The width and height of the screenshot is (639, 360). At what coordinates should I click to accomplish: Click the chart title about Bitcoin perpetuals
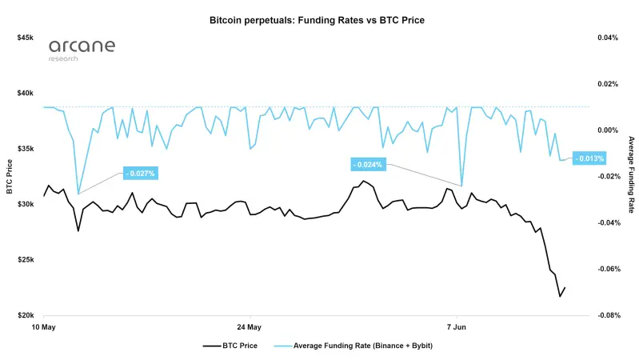317,20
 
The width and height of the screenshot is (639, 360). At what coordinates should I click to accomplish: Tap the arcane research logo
82,50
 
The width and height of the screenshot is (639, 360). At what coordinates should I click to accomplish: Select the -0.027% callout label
141,174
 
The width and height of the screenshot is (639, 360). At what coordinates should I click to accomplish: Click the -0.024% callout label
368,165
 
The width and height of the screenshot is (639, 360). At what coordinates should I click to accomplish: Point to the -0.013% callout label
589,158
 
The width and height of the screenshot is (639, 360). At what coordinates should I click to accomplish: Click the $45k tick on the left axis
26,38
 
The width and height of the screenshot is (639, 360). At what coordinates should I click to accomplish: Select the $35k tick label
26,149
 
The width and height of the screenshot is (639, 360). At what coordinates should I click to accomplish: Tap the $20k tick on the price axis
26,315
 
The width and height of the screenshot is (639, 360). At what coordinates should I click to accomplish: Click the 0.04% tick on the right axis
608,38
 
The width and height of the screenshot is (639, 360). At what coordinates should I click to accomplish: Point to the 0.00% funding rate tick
608,130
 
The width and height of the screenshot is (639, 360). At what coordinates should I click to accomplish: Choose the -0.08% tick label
609,315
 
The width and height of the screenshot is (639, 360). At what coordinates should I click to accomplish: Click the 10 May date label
44,327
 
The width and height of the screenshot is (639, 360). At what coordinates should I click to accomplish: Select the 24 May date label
249,327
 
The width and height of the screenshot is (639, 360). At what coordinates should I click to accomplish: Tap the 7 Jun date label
457,327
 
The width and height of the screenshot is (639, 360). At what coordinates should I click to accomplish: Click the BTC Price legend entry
230,346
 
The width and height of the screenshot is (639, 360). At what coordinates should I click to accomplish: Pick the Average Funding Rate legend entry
353,346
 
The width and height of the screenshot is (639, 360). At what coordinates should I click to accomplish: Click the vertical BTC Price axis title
10,177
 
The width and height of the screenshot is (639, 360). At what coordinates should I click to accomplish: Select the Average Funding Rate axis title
631,175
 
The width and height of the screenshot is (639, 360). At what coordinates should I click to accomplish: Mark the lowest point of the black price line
560,296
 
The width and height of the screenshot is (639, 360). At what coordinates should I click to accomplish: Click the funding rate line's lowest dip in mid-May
78,194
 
